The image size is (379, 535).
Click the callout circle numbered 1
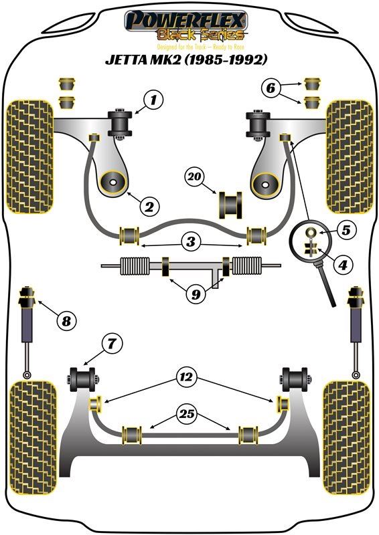point(153,100)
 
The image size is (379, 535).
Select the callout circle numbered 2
point(149,206)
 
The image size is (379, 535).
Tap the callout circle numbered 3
point(191,241)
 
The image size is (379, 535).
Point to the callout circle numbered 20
point(194,177)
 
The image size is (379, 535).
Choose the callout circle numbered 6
point(271,88)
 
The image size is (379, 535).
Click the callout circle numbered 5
point(346,230)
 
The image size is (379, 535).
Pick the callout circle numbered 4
point(343,264)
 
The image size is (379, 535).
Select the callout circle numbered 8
point(66,320)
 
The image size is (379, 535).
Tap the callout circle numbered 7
point(112,343)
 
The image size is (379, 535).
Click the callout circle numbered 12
point(187,377)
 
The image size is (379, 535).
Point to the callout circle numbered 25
point(187,414)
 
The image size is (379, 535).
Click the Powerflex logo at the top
point(185,25)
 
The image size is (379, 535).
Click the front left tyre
point(30,157)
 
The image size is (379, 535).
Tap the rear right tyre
point(346,437)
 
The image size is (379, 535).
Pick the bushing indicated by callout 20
point(230,205)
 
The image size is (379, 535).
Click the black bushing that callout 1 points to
point(120,123)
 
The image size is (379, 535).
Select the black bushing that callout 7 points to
point(82,379)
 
